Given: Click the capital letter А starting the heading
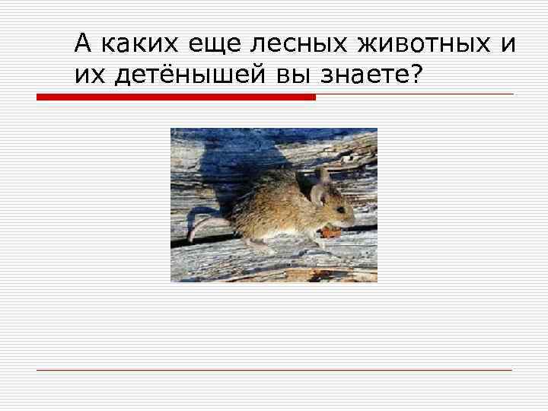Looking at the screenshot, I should click(82, 46).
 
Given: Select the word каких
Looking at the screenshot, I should click(134, 46).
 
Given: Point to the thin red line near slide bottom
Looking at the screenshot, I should click(274, 370).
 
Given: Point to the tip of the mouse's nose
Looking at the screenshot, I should click(353, 219).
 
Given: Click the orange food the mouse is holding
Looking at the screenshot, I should click(330, 231).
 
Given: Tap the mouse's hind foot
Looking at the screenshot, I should click(259, 244).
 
